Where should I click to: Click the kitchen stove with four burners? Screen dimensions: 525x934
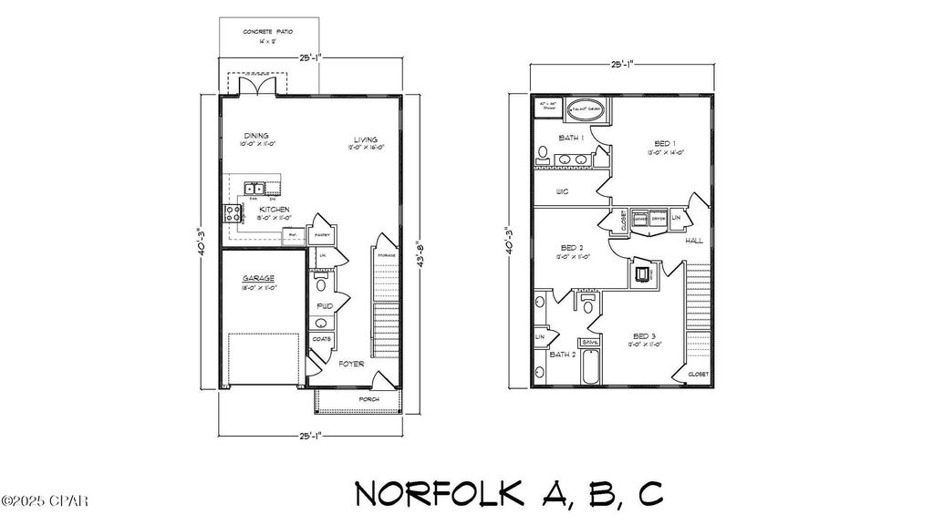232,214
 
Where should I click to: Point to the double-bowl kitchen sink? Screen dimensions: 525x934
254,189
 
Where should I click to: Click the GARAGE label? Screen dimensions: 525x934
258,278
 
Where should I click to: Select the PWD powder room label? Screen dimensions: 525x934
323,306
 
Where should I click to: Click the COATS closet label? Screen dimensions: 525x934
322,339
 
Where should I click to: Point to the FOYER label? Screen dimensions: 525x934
352,364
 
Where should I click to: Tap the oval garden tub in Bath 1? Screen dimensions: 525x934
586,110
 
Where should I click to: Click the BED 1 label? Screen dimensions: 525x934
664,143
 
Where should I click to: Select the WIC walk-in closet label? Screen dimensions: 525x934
563,191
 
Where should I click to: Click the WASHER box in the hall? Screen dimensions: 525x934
640,220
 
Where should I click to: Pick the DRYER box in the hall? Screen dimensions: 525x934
658,220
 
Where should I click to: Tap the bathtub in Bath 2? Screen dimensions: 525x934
589,365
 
